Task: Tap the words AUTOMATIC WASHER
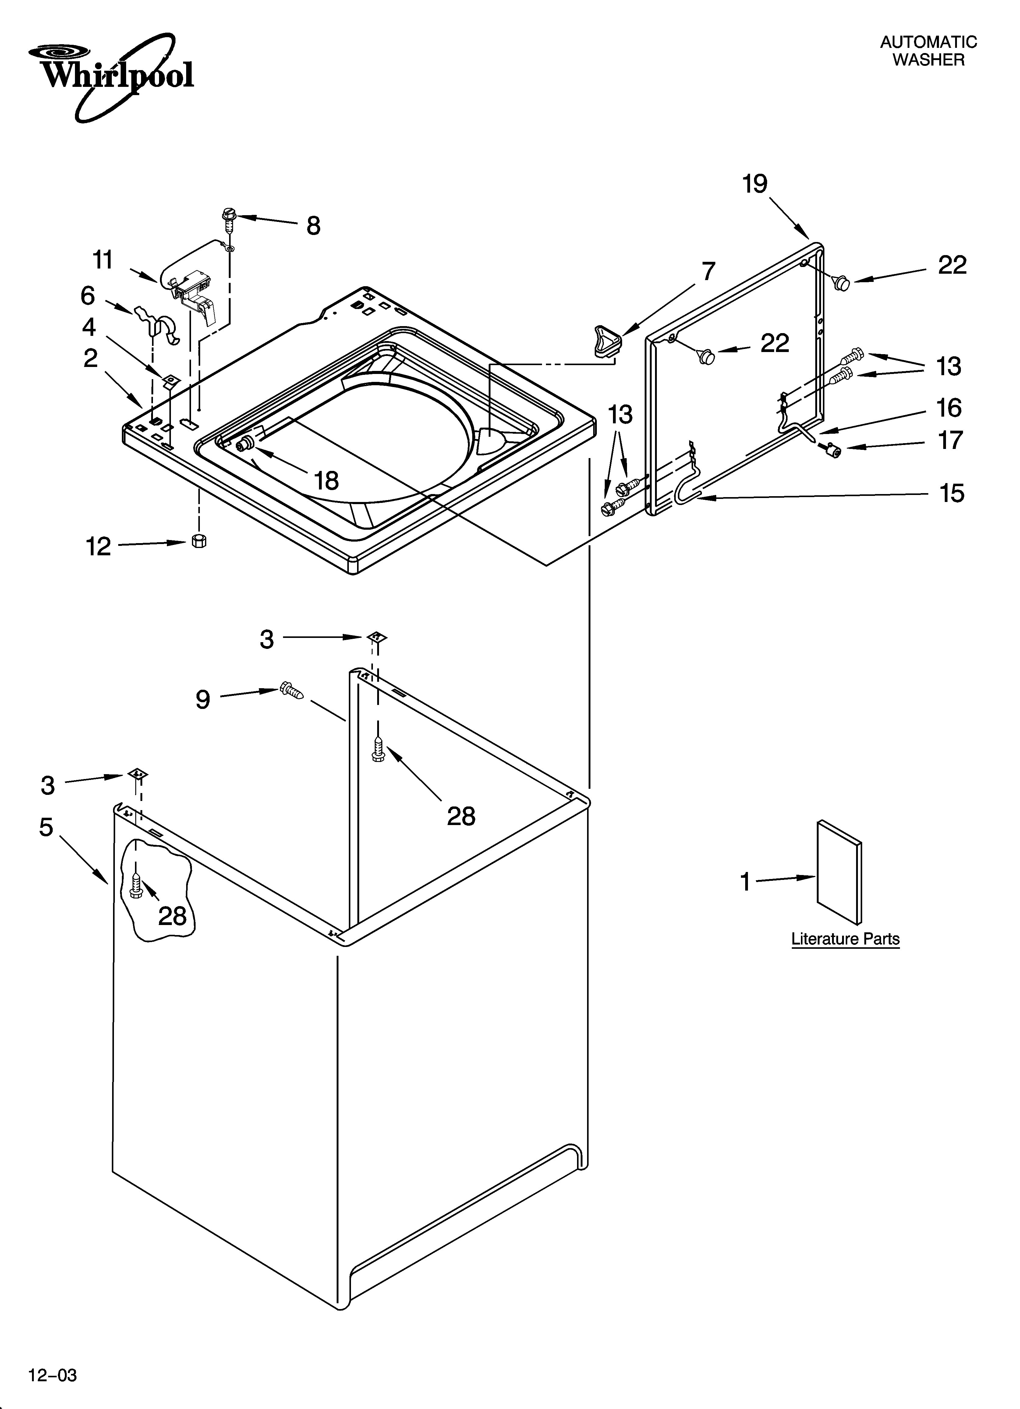pos(928,51)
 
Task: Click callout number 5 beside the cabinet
pos(47,827)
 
